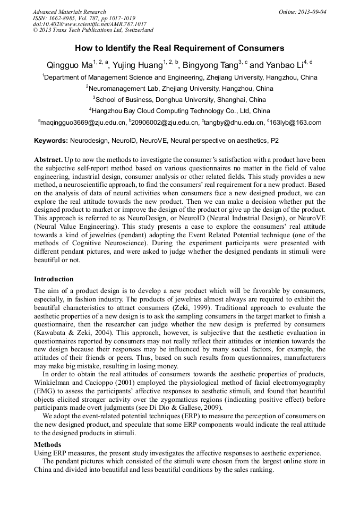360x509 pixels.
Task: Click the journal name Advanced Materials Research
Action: [x=70, y=12]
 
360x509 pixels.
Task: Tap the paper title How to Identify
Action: [x=179, y=48]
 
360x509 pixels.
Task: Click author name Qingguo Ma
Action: [x=68, y=66]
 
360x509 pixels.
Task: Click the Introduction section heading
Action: [x=54, y=279]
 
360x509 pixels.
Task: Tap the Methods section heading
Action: [x=47, y=444]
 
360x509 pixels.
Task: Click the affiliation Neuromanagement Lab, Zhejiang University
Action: [x=181, y=88]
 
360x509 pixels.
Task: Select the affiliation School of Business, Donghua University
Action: [x=181, y=99]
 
